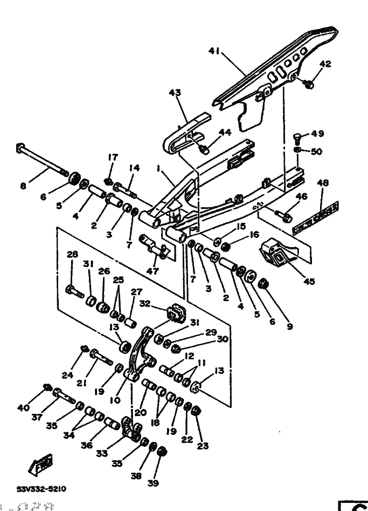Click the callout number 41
(x=215, y=51)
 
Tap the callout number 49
(x=318, y=134)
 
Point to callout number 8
(x=23, y=187)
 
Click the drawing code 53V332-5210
(x=41, y=489)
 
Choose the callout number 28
(x=72, y=254)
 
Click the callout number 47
(x=152, y=271)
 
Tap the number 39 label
(x=153, y=483)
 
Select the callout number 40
(x=23, y=408)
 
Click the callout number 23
(x=203, y=446)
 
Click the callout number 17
(x=112, y=158)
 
